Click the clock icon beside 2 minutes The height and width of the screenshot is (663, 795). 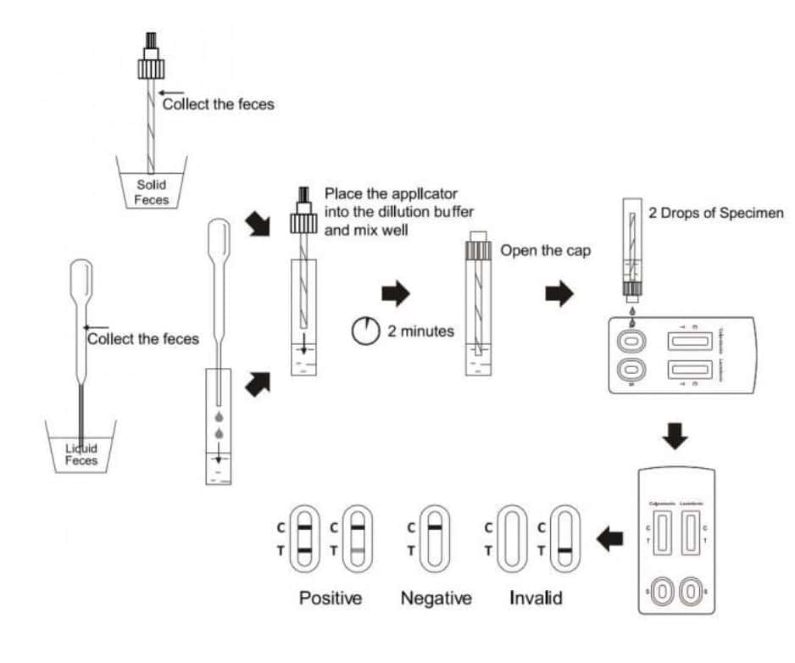click(x=365, y=331)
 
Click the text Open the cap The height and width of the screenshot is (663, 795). click(x=545, y=251)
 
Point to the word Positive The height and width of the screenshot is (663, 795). click(x=331, y=599)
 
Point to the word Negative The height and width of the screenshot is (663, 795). click(x=436, y=599)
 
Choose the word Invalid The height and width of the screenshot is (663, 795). click(x=536, y=599)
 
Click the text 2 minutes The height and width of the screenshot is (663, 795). click(x=420, y=331)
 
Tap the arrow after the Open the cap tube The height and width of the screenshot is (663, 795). click(x=558, y=294)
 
